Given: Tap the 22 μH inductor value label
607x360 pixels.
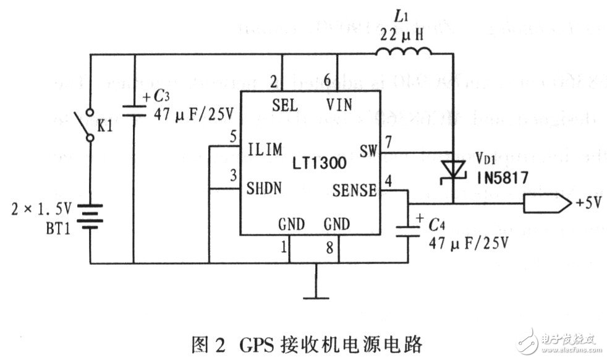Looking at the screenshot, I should coord(402,35).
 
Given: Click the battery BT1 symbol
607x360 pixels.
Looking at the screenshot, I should coord(90,217).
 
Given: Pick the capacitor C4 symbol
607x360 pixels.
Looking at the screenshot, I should coord(408,230).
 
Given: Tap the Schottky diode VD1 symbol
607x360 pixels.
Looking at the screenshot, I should coord(452,169).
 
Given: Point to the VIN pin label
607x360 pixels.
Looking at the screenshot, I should coord(337,105).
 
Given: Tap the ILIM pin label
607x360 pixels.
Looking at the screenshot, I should coord(265,149).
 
